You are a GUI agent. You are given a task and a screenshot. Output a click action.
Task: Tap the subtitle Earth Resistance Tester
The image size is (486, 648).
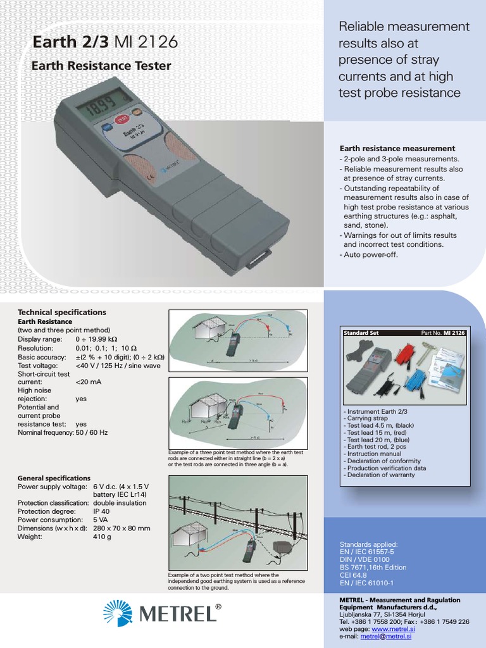101,65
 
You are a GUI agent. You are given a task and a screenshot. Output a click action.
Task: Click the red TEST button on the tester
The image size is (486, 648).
121,120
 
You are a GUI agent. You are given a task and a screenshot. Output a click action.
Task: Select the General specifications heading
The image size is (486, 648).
54,478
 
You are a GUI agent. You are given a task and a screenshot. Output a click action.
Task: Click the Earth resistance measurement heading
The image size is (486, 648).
397,148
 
